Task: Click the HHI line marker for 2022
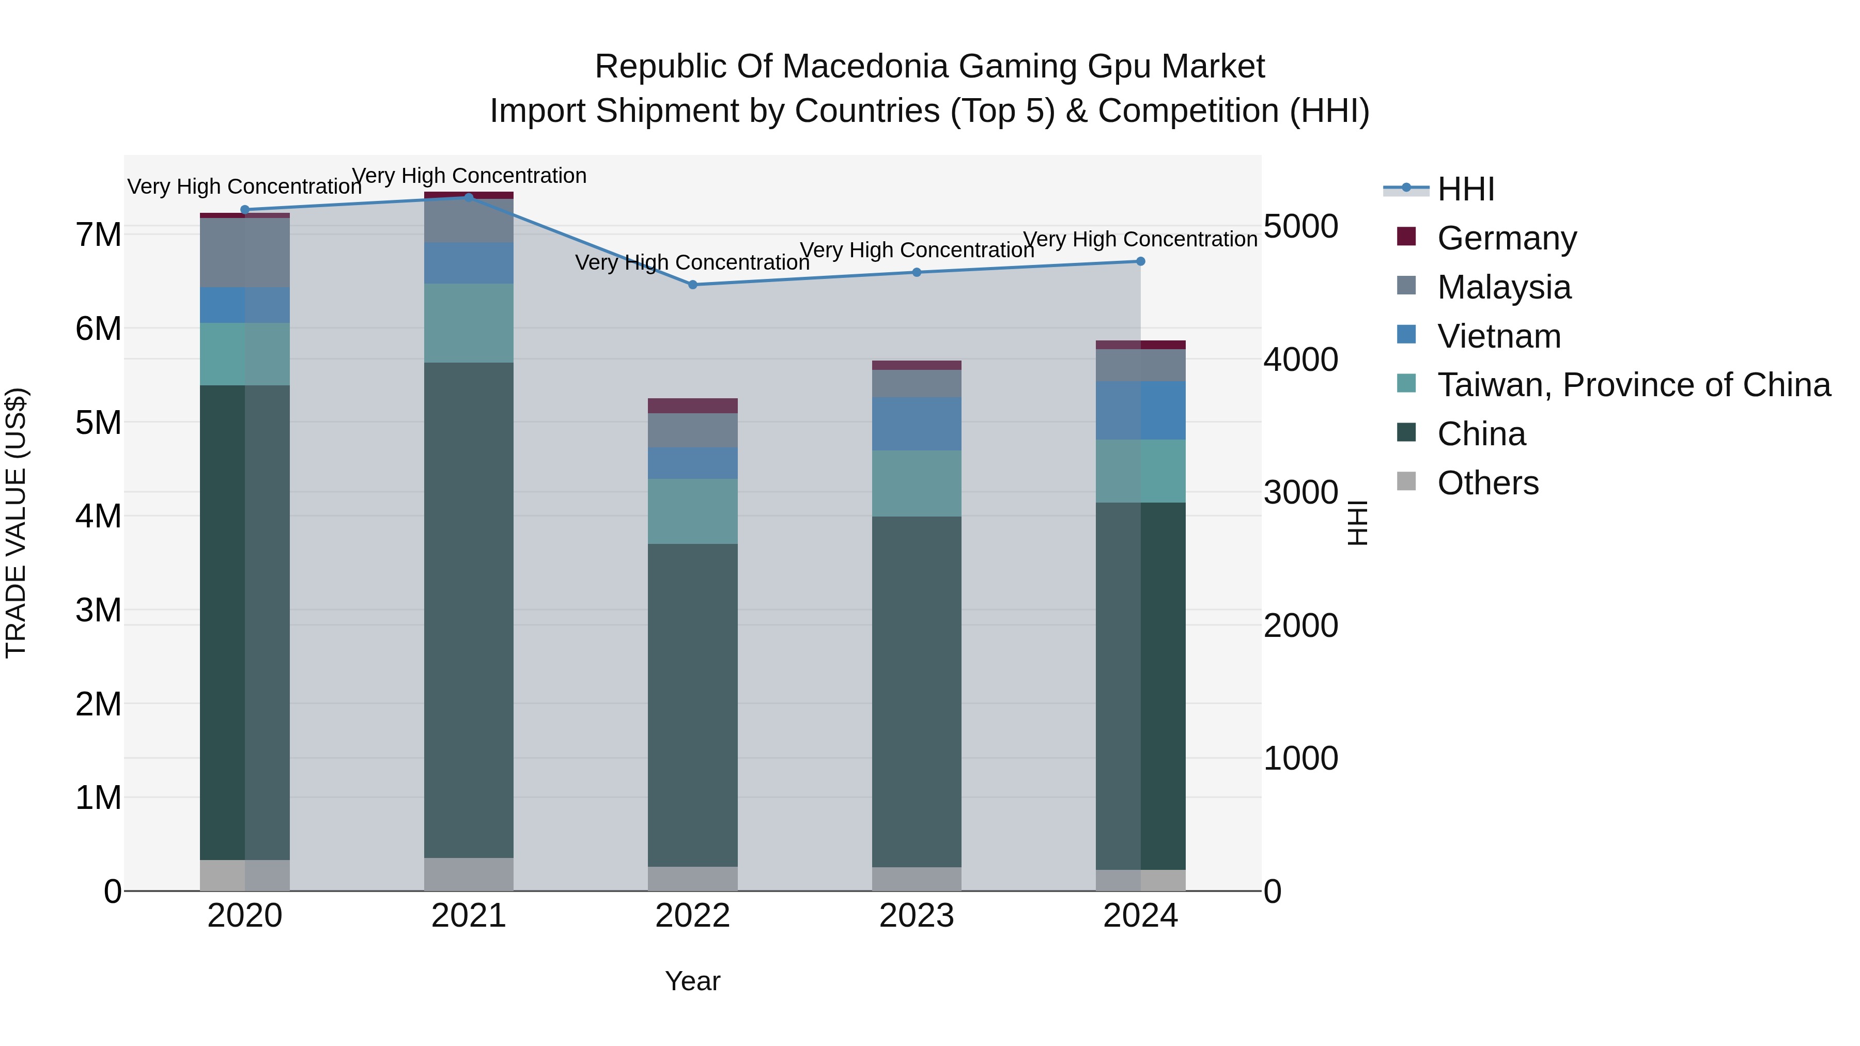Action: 692,285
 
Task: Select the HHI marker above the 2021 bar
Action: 469,197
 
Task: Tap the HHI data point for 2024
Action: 1140,261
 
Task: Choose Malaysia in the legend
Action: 1504,287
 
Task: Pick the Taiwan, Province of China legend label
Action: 1633,385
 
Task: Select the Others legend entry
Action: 1487,483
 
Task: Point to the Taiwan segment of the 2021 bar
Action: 469,323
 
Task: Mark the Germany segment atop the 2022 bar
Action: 692,405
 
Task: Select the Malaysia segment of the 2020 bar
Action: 245,253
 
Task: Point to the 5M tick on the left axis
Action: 98,423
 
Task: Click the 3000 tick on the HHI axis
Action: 1300,493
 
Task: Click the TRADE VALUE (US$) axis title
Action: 17,523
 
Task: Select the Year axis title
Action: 692,981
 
